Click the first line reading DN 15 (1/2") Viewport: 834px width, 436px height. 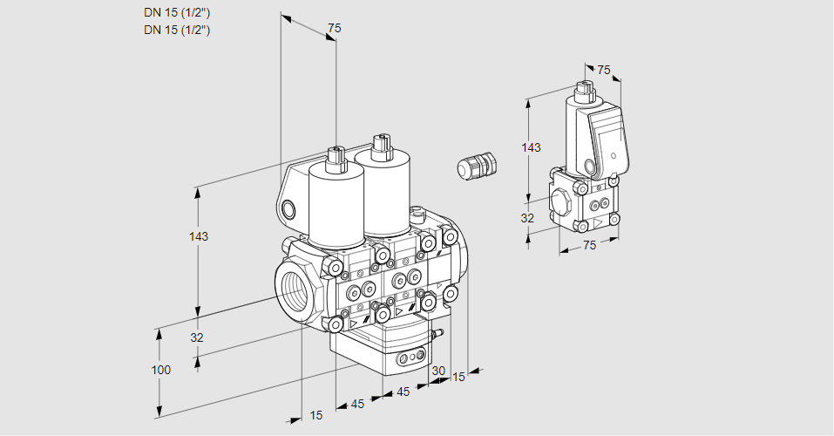tap(177, 11)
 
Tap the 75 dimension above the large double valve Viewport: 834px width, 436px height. tap(333, 29)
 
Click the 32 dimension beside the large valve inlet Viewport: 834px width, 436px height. tap(196, 337)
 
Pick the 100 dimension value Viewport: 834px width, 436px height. tap(160, 370)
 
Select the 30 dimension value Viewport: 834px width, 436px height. tap(437, 371)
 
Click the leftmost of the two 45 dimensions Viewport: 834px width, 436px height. tap(358, 404)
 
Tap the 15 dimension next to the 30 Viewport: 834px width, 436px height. tap(458, 377)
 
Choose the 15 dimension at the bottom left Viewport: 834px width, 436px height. tap(315, 415)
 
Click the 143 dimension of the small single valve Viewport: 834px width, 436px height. tap(531, 147)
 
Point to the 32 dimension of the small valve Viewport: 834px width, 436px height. tap(527, 218)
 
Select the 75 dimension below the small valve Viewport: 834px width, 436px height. tap(589, 246)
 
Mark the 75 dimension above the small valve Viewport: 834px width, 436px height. tap(605, 70)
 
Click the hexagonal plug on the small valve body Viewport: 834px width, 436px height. tap(562, 201)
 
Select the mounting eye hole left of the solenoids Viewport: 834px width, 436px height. tap(288, 208)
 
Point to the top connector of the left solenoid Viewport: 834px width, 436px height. tap(334, 158)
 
